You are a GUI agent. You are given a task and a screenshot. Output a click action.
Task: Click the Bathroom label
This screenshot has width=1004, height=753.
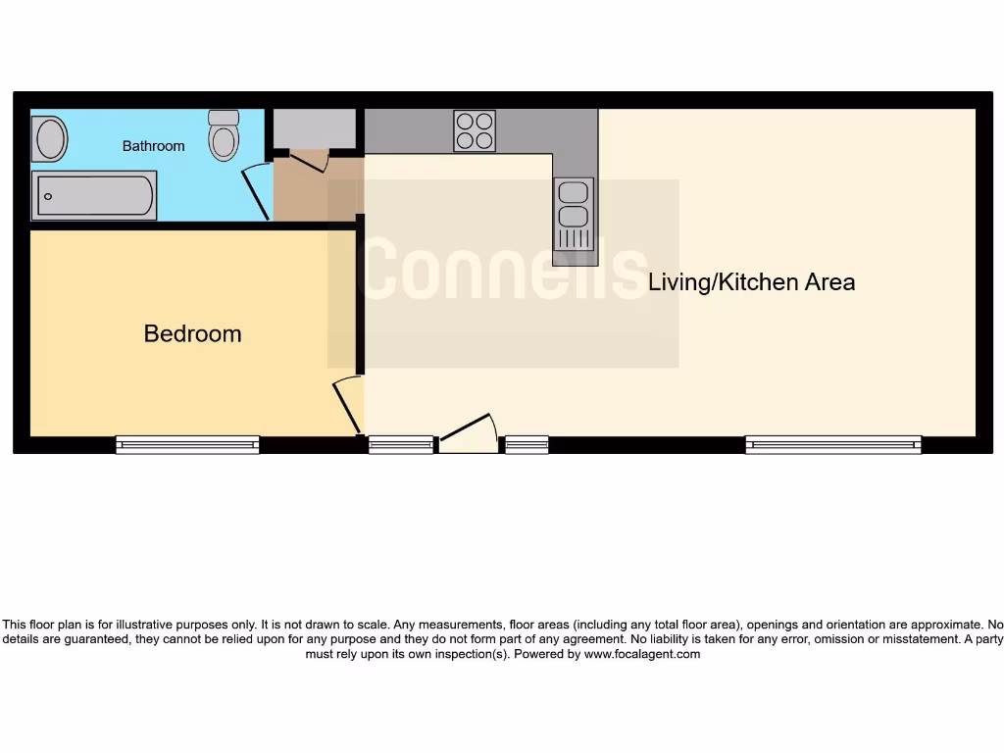coord(153,146)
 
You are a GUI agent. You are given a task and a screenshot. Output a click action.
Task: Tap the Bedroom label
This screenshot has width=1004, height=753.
coord(192,333)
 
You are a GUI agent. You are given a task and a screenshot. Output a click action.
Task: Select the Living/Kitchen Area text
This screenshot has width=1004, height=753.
coord(751,282)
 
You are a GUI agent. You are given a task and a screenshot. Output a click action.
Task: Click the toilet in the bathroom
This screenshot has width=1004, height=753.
coord(224,135)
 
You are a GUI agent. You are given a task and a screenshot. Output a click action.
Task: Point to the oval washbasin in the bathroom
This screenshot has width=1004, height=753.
coord(50,138)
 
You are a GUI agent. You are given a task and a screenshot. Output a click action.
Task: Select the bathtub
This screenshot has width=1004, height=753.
coord(94,196)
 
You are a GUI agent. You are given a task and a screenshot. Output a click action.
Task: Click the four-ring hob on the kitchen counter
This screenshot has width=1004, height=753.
coord(475,130)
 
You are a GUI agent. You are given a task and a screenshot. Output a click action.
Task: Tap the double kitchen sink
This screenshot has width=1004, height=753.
coord(575,214)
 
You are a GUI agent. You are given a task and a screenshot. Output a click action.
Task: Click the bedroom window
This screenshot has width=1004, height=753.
coord(187,444)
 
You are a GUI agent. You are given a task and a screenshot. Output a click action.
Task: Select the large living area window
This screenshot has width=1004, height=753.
coord(833,444)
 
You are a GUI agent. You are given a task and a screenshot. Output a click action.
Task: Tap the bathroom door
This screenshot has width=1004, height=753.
coord(256,190)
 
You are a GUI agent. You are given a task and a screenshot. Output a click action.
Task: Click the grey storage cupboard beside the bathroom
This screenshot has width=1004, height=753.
coord(314,128)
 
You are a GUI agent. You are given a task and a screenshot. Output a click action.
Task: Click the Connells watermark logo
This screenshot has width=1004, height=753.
coord(503,272)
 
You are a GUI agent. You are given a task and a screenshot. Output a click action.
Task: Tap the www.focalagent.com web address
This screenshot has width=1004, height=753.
coord(642,654)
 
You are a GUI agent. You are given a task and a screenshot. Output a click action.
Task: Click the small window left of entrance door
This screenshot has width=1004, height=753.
coord(401,444)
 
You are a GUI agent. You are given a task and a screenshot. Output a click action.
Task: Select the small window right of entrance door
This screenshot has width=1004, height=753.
coord(527,444)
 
